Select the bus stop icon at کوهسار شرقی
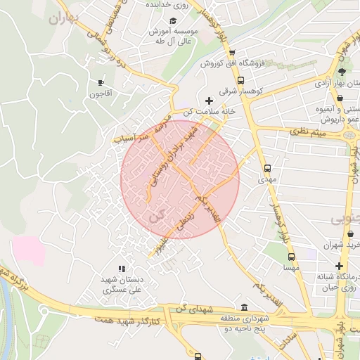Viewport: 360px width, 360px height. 241,81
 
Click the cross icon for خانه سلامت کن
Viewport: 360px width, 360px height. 209,101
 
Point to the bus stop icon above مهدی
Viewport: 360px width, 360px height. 267,169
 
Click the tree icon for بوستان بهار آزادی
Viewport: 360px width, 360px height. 342,72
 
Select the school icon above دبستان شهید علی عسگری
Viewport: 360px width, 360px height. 122,268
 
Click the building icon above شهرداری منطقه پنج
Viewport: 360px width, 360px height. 244,308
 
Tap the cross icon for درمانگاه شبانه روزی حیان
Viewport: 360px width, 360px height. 340,266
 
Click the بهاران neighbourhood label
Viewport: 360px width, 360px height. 62,18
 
